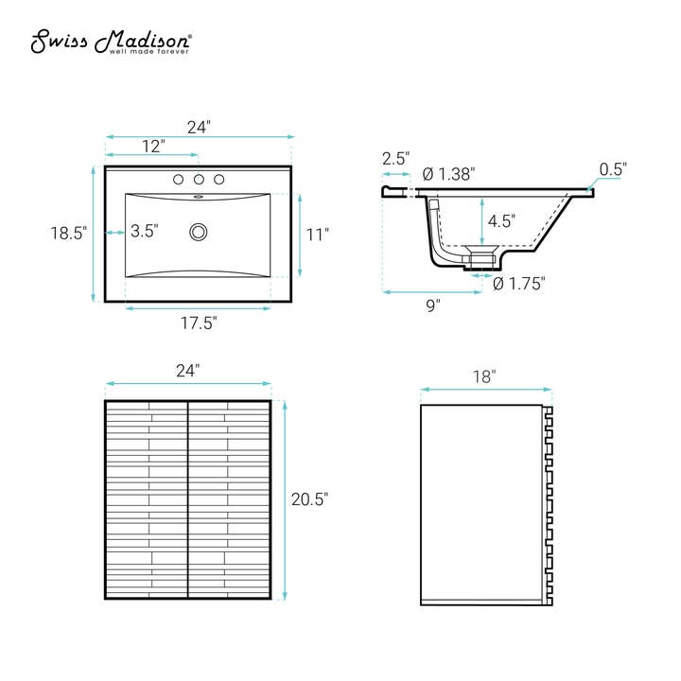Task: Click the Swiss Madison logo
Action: click(113, 42)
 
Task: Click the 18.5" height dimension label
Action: click(68, 233)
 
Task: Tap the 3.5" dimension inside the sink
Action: click(145, 230)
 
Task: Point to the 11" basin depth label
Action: click(319, 234)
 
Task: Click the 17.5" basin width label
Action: click(199, 323)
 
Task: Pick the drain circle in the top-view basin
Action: click(199, 231)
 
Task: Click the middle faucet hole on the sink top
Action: click(199, 180)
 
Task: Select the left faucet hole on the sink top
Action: click(179, 180)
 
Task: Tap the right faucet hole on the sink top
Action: click(219, 180)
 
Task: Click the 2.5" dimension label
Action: click(395, 159)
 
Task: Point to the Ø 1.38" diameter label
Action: click(448, 174)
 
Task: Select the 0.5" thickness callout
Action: click(613, 169)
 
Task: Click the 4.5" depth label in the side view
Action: click(501, 221)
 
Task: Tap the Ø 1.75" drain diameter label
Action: click(519, 284)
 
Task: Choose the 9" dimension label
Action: click(432, 306)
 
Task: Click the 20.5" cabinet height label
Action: click(309, 499)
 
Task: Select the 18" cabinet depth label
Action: click(484, 375)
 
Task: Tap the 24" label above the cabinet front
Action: click(187, 371)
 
